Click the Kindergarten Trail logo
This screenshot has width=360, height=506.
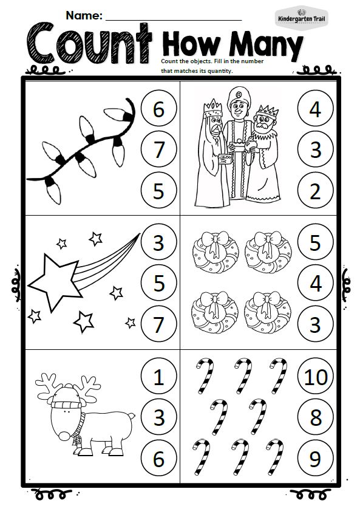click(301, 18)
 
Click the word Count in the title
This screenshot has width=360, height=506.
click(89, 43)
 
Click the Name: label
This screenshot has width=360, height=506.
click(84, 15)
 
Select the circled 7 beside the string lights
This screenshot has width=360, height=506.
click(158, 149)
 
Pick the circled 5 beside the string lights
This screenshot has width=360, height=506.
click(158, 190)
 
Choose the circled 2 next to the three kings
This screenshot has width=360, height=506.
click(315, 190)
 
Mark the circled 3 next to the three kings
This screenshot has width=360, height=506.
click(315, 149)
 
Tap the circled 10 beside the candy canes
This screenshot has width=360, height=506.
click(315, 376)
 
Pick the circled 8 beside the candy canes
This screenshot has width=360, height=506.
click(315, 417)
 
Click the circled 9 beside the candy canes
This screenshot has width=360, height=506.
click(315, 458)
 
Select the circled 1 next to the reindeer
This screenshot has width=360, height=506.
click(158, 376)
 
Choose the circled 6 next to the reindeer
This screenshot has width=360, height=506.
click(158, 458)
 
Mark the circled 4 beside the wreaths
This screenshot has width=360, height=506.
click(315, 282)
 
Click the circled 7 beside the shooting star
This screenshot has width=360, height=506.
click(158, 324)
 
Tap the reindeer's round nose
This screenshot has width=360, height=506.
click(64, 436)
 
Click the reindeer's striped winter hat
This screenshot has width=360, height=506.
click(68, 397)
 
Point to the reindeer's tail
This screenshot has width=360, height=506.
click(131, 417)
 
